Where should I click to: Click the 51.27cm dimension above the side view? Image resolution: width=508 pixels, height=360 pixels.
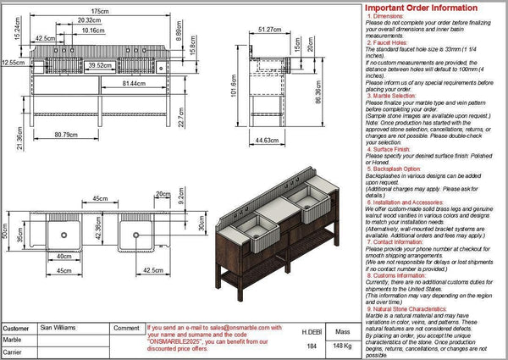point(271,29)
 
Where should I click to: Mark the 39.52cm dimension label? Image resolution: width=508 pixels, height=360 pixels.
point(101,64)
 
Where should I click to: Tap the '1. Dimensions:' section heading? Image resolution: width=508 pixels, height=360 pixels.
point(390,16)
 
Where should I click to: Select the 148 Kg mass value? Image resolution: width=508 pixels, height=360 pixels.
point(343,346)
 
